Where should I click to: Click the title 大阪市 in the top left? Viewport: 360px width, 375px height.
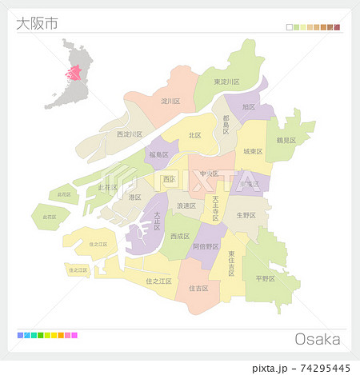click(x=37, y=22)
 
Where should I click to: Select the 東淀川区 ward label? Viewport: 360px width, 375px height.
click(x=227, y=82)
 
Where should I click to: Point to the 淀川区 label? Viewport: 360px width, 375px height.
click(x=170, y=102)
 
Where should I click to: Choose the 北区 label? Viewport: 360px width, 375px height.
click(x=194, y=135)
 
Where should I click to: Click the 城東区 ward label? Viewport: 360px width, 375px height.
click(x=252, y=151)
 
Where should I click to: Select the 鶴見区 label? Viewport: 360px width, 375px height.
click(x=286, y=140)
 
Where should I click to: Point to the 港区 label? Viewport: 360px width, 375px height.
click(x=134, y=197)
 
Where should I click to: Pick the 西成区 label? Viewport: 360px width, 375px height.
click(x=179, y=237)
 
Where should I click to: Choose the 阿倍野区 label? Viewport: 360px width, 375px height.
click(x=206, y=246)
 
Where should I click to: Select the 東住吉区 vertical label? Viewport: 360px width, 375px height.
click(x=231, y=263)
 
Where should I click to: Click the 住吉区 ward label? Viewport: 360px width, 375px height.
click(x=198, y=288)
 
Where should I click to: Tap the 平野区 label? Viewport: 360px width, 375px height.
click(x=265, y=279)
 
